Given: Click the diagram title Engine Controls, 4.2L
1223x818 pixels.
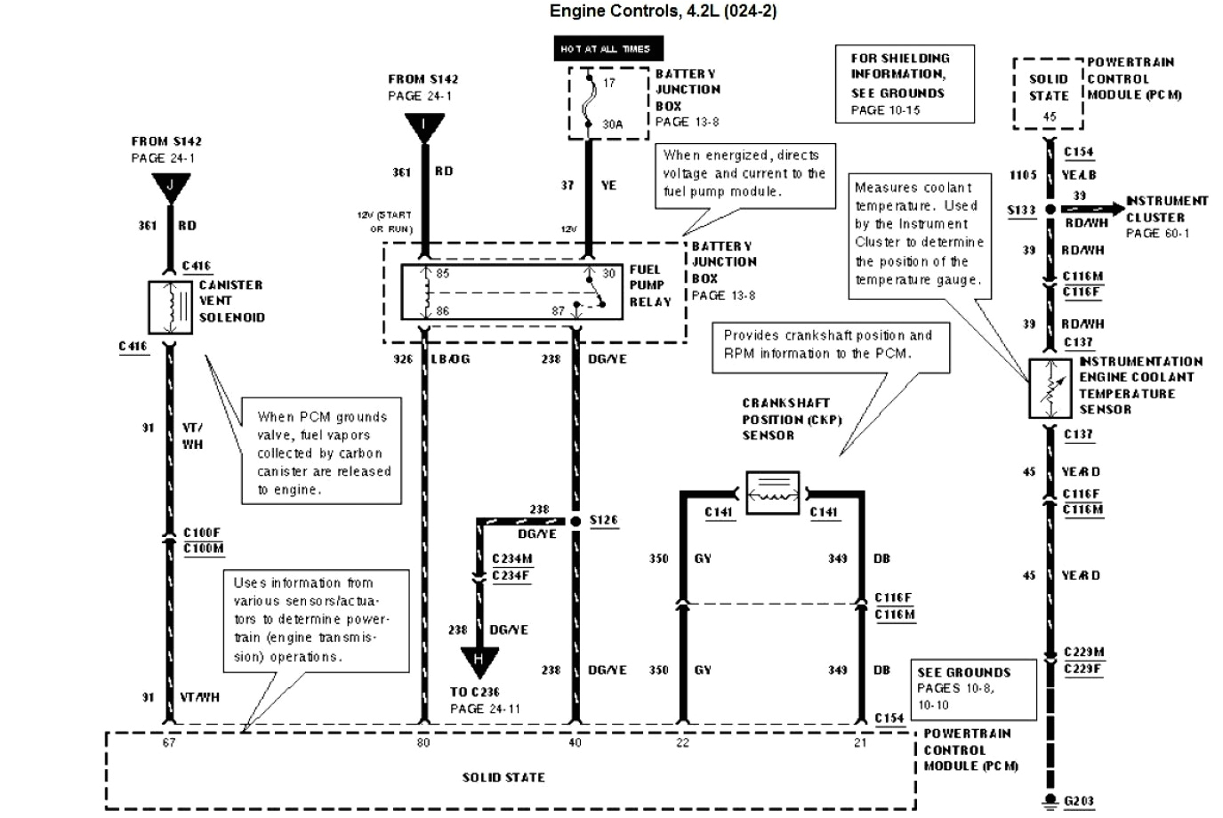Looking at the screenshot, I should click(663, 12).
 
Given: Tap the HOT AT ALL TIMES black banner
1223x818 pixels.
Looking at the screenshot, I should click(605, 49).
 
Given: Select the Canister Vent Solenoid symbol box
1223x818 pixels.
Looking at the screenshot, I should click(169, 308).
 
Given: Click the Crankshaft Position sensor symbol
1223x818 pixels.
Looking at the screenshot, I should click(771, 493).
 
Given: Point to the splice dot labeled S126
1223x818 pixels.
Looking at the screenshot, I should click(575, 520).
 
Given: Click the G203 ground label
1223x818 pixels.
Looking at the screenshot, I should click(1078, 801).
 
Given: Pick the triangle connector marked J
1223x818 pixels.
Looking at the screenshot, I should click(170, 187).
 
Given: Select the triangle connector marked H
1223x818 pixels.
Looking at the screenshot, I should click(479, 661).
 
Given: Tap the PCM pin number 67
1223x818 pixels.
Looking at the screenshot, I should click(169, 742).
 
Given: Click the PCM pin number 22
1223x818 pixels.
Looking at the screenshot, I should click(682, 742).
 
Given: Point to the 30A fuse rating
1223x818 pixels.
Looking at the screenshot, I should click(613, 124).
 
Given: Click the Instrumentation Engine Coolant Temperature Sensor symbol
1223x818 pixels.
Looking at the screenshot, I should click(1050, 389).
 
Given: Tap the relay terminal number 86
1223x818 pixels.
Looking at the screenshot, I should click(442, 311).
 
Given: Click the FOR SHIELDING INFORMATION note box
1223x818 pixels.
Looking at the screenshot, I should click(905, 84).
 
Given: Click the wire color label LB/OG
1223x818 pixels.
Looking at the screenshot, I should click(450, 359).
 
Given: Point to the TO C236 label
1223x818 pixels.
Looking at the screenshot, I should click(474, 692).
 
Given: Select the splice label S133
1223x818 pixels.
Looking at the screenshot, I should click(1021, 210).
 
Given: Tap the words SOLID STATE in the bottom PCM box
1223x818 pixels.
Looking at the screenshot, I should click(503, 777).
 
